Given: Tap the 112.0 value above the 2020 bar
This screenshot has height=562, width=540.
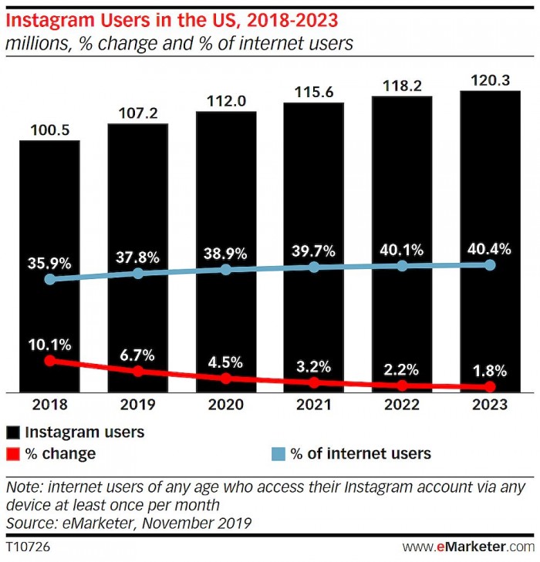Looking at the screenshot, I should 226,101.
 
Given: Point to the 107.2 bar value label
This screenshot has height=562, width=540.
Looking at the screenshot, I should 137,113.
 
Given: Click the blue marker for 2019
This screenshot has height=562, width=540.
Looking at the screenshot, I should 138,273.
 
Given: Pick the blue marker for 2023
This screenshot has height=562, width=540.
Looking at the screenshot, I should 490,264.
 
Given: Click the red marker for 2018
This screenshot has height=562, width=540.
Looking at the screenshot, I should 50,360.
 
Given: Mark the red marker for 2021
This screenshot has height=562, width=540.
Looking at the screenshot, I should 314,382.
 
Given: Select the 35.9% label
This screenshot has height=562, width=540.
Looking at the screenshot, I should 50,263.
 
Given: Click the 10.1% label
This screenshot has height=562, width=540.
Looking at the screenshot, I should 50,344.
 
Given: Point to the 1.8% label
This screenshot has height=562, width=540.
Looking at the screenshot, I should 490,370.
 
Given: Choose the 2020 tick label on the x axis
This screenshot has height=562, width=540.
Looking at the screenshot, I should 226,405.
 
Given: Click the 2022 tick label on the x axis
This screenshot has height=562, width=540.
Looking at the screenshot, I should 402,405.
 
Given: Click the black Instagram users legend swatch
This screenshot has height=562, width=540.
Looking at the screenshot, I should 13,432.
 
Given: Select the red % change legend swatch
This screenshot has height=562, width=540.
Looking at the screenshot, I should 13,453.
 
